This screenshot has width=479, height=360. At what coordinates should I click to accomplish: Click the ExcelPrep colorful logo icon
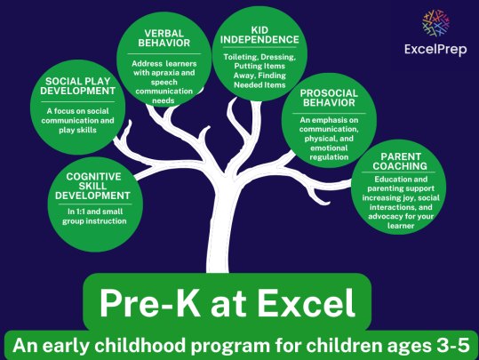(436, 23)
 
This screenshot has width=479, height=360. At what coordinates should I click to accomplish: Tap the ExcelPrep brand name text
(435, 49)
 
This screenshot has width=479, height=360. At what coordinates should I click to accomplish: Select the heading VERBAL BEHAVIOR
(164, 38)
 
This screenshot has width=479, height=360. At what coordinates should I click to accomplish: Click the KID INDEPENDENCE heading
(259, 35)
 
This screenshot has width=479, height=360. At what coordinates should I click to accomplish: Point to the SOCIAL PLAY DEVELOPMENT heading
(78, 86)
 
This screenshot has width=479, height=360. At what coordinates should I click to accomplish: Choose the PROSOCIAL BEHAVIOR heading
(329, 98)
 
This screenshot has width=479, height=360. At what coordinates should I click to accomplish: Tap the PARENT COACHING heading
(400, 162)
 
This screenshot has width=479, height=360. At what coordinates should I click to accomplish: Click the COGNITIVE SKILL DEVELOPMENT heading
(92, 186)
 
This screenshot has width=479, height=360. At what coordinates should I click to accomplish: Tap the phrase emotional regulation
(329, 153)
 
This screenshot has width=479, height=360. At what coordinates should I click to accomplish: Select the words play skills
(77, 130)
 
